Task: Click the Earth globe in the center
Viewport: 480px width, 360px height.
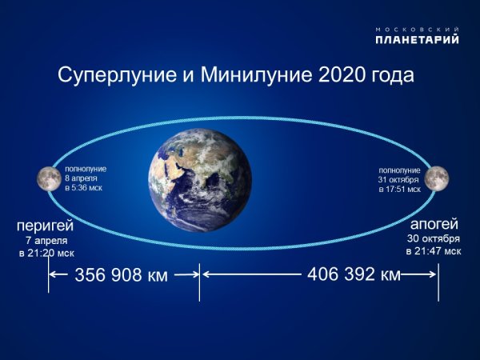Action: [200, 176]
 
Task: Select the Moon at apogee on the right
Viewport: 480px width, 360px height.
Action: [437, 178]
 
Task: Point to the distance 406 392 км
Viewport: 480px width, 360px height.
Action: [353, 274]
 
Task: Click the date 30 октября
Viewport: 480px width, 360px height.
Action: [433, 238]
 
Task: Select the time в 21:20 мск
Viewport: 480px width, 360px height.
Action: [46, 253]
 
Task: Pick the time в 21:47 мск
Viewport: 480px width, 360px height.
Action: [432, 251]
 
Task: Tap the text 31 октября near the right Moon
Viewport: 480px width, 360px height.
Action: [398, 179]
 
